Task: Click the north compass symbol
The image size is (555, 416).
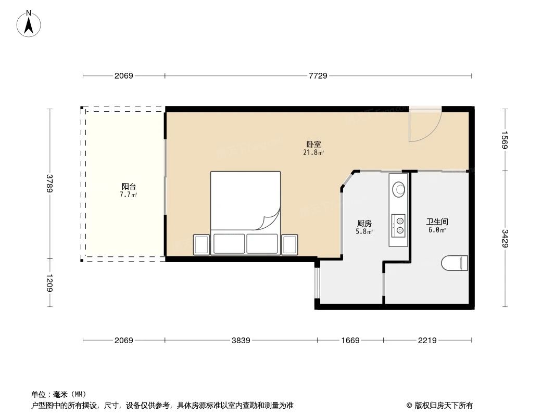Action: tap(29, 23)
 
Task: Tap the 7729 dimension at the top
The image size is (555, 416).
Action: tap(318, 76)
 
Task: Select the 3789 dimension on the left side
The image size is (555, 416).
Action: tap(50, 184)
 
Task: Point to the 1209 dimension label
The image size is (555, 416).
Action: tap(50, 283)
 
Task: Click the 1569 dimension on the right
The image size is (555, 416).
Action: tap(504, 139)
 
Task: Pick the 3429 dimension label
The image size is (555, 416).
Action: tap(504, 239)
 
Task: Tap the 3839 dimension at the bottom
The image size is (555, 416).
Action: tap(241, 341)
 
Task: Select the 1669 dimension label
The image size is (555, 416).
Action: tap(350, 341)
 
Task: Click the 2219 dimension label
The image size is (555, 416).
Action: tap(427, 341)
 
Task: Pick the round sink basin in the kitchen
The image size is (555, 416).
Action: tap(399, 188)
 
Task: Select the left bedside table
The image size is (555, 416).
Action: tap(201, 245)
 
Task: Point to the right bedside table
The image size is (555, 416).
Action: tap(289, 245)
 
